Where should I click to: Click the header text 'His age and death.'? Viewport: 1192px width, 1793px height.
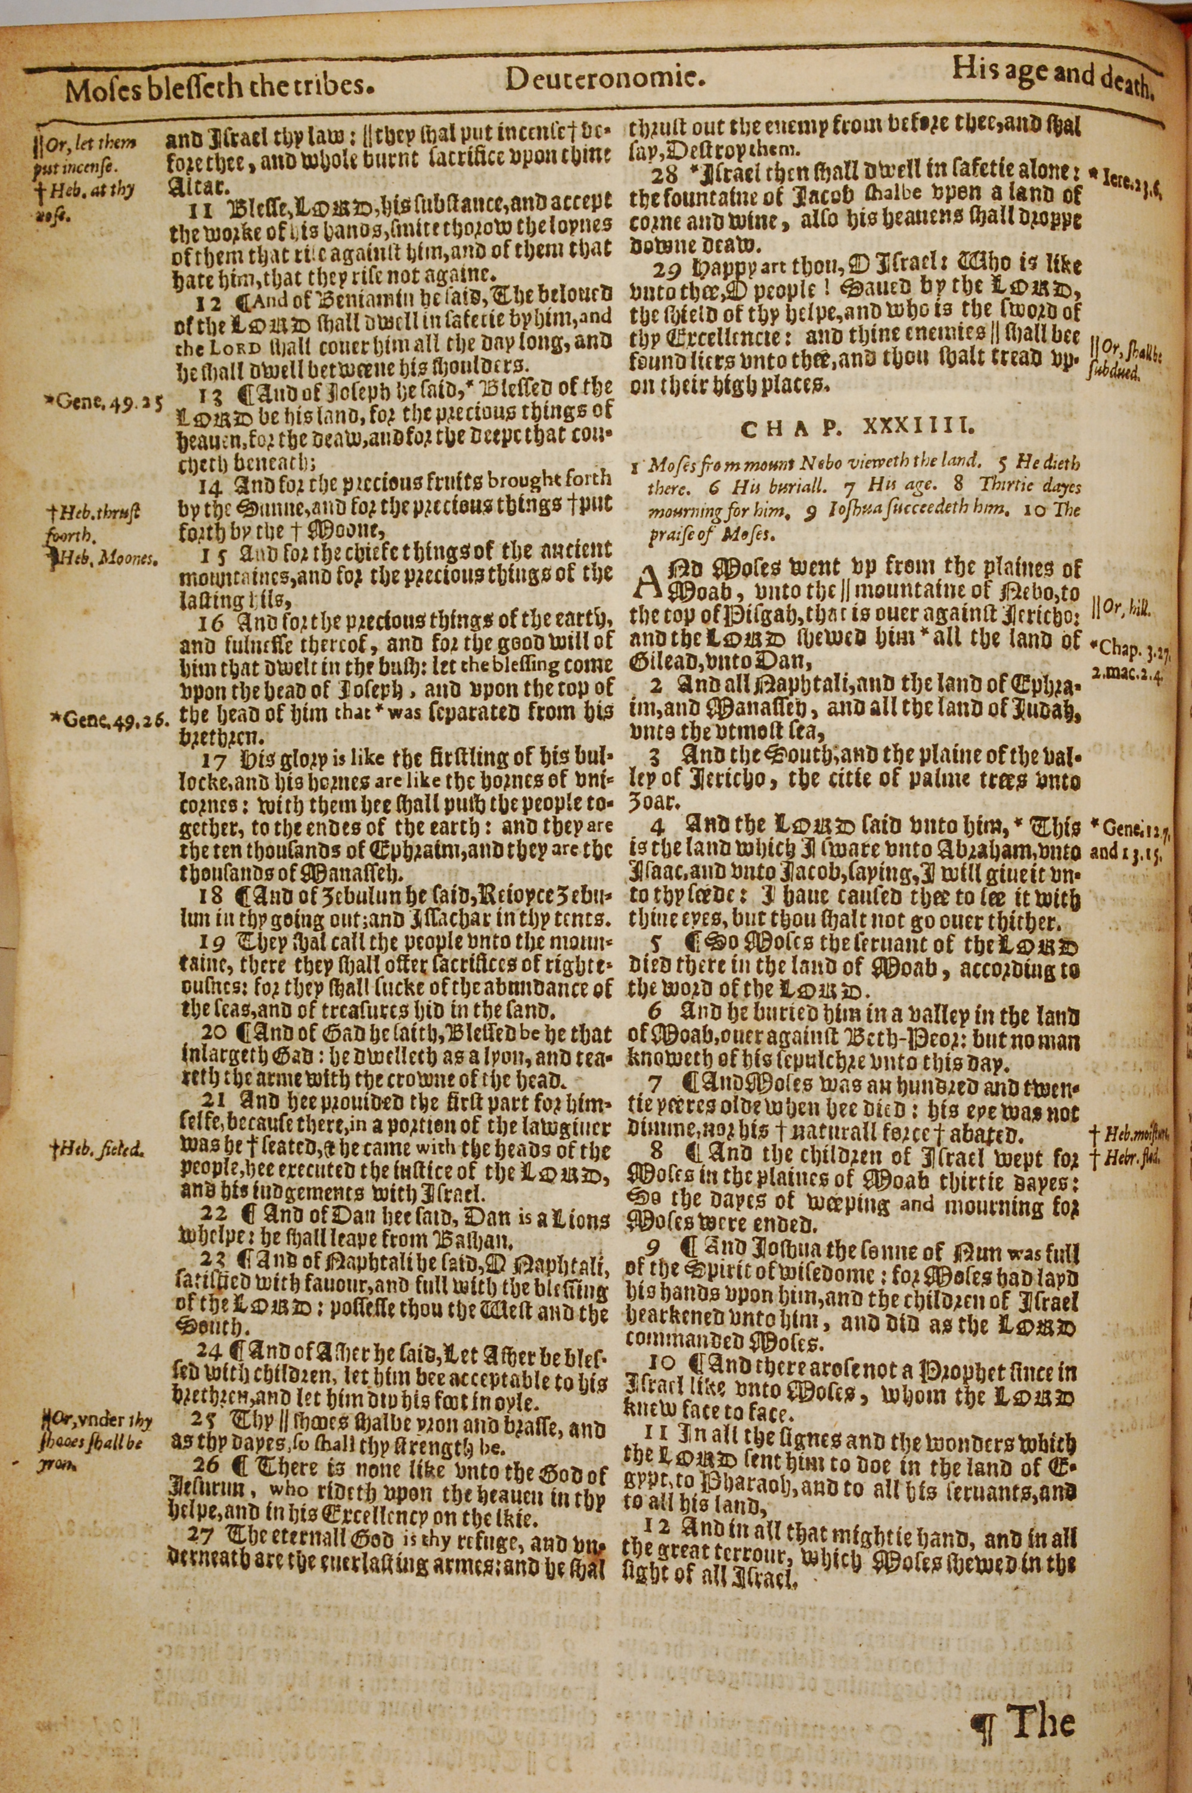point(1054,79)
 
